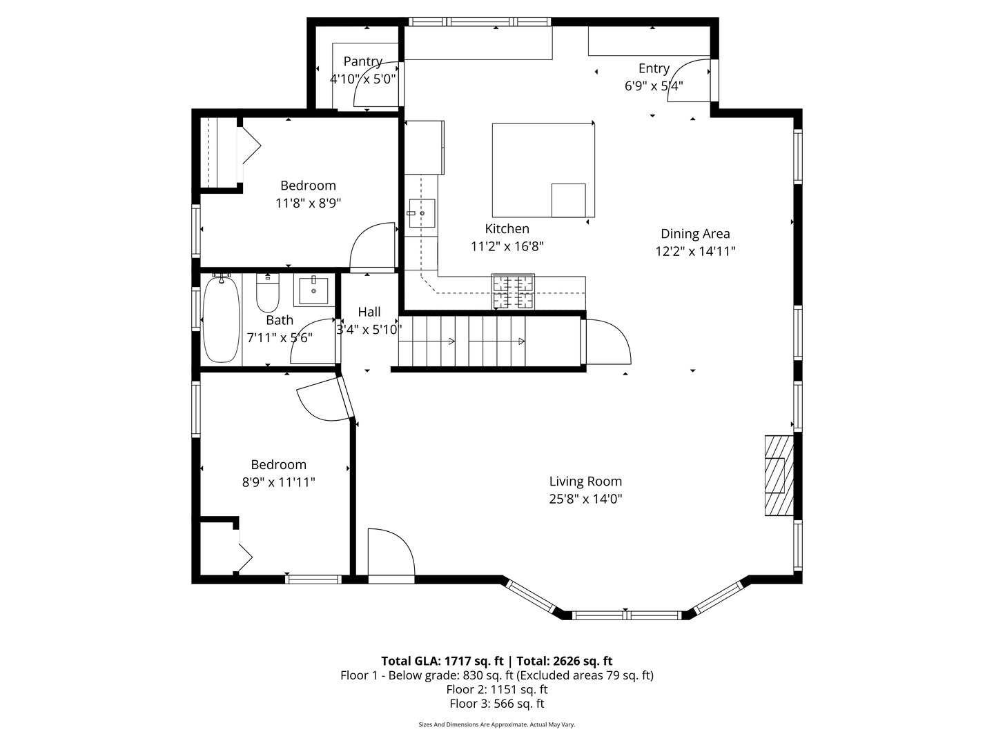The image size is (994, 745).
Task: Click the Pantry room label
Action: point(362,61)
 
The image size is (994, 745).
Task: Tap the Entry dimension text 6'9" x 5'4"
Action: point(654,86)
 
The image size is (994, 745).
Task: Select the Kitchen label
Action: point(507,229)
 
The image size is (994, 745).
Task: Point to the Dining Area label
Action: point(695,234)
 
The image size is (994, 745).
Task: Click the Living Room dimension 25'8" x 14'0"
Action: point(585,499)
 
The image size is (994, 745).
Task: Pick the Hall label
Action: point(369,312)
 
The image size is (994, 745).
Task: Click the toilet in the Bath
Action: point(268,293)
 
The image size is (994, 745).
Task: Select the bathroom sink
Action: point(313,291)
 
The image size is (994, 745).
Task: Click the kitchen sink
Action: point(422,213)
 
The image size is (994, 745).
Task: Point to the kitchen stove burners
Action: point(513,292)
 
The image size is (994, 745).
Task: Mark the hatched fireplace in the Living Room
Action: point(779,475)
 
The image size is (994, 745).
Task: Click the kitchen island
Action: point(543,170)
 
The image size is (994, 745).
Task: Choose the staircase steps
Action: point(462,341)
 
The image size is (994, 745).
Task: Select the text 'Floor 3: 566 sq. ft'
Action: point(497,704)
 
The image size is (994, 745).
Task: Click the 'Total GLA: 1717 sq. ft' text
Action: point(442,661)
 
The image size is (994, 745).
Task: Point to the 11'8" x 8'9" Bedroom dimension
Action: point(308,203)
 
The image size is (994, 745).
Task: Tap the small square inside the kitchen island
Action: point(568,200)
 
